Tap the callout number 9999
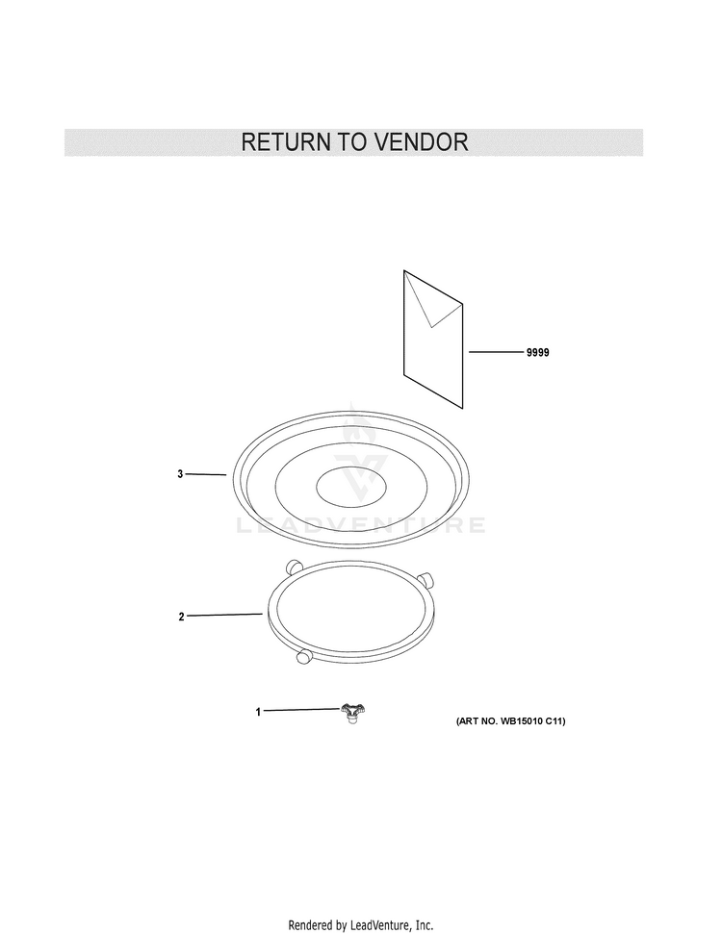537,353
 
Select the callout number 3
180,474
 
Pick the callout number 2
182,617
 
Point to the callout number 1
258,712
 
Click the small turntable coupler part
353,713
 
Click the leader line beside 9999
496,352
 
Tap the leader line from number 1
301,710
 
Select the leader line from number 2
224,615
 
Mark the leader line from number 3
206,474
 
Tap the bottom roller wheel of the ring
304,656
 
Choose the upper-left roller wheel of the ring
294,567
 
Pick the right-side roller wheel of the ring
425,580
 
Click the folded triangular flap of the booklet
432,299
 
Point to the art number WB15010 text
511,721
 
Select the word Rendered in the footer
310,925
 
